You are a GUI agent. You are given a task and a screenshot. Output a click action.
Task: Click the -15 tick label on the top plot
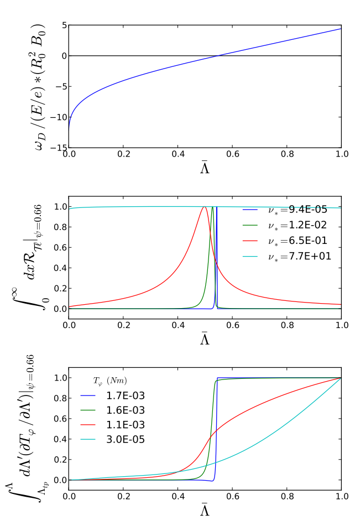[x=59, y=148]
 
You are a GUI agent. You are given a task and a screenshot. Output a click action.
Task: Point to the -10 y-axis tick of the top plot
[x=59, y=117]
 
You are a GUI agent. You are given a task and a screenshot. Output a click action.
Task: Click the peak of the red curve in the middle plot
[x=205, y=207]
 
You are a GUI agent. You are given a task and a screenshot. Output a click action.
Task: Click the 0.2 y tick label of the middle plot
[x=58, y=288]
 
